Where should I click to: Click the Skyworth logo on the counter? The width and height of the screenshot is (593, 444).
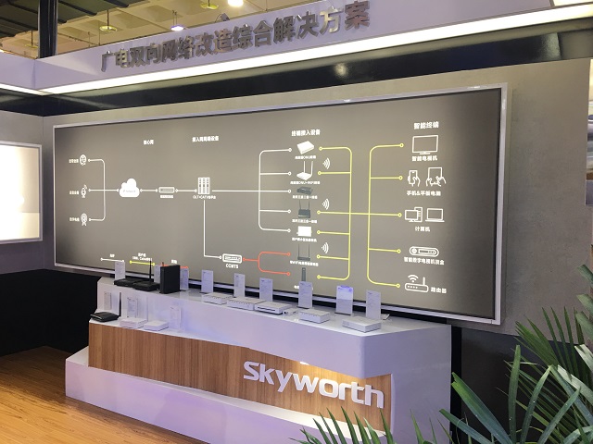(312, 381)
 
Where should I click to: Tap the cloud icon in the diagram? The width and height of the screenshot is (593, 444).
(131, 190)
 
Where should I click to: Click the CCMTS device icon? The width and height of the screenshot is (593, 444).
(231, 258)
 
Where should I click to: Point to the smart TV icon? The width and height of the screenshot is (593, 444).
(425, 145)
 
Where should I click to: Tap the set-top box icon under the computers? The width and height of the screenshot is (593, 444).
(424, 251)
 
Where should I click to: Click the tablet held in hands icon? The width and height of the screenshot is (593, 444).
(435, 177)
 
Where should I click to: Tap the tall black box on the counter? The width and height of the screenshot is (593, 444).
(170, 277)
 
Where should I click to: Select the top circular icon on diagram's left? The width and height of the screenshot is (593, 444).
(83, 159)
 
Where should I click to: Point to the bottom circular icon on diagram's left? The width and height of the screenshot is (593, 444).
(83, 219)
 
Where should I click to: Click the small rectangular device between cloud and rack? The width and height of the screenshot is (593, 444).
(167, 190)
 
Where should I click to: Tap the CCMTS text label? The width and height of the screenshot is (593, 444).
(232, 267)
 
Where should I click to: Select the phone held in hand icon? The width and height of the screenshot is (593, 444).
(413, 176)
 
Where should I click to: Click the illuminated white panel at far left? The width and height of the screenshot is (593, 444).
(19, 191)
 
